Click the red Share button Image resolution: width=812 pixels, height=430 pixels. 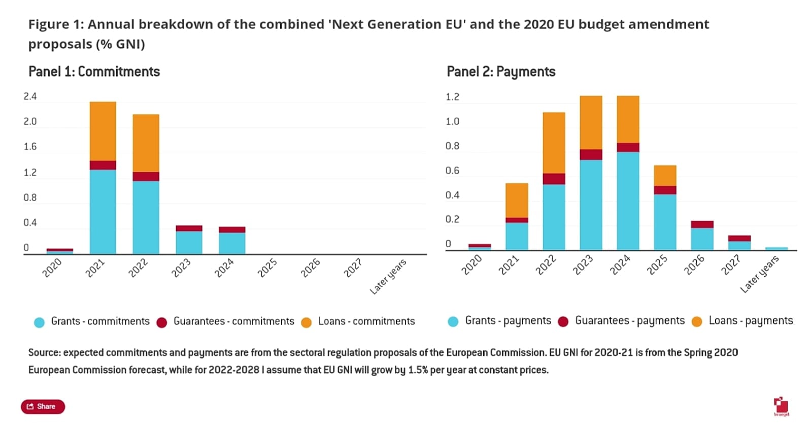click(43, 407)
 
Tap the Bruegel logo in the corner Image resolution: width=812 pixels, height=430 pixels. click(781, 406)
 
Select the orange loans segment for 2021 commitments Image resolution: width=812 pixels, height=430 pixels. click(103, 131)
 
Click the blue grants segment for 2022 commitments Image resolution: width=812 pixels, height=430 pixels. click(146, 217)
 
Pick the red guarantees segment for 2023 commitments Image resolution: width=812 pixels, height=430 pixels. click(189, 228)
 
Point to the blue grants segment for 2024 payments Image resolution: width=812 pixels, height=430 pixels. click(628, 201)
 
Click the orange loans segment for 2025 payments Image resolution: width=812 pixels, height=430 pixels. click(665, 176)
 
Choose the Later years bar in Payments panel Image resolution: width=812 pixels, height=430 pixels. click(776, 249)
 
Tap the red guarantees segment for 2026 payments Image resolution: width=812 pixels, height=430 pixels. click(702, 224)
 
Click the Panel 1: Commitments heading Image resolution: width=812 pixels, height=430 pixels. click(94, 72)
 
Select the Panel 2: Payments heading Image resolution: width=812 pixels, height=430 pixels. click(501, 72)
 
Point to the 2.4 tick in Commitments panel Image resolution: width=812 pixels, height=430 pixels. click(30, 96)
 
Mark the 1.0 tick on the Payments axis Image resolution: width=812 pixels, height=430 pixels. click(452, 121)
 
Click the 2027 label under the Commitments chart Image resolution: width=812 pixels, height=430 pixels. click(353, 268)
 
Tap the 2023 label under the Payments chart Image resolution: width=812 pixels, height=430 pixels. click(583, 265)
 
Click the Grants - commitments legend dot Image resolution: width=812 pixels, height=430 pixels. click(39, 322)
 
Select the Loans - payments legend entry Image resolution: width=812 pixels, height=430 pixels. click(750, 321)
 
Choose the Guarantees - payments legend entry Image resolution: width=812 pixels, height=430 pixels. click(629, 321)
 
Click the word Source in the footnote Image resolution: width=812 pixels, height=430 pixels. click(44, 353)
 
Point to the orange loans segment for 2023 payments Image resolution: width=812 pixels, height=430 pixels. click(591, 122)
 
